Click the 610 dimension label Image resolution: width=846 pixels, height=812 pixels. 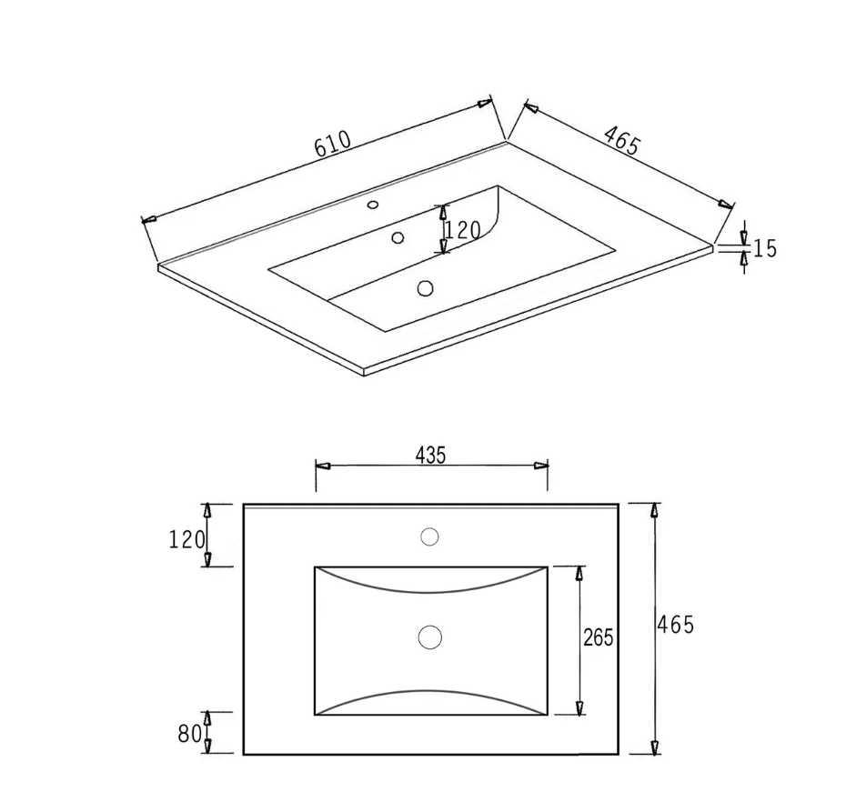(x=333, y=144)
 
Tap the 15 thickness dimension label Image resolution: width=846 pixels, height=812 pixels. (x=764, y=248)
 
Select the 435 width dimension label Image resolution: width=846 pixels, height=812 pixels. (x=430, y=456)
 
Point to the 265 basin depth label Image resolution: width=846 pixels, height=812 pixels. (x=599, y=637)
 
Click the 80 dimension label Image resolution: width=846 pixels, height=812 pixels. (x=189, y=733)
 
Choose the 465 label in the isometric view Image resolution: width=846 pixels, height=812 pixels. (x=621, y=140)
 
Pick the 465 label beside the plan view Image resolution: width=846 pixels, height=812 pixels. (x=676, y=625)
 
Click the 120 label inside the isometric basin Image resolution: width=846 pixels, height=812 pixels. (x=462, y=231)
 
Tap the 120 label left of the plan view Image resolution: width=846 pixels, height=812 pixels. (x=186, y=540)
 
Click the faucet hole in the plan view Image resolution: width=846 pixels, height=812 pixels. (x=429, y=536)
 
